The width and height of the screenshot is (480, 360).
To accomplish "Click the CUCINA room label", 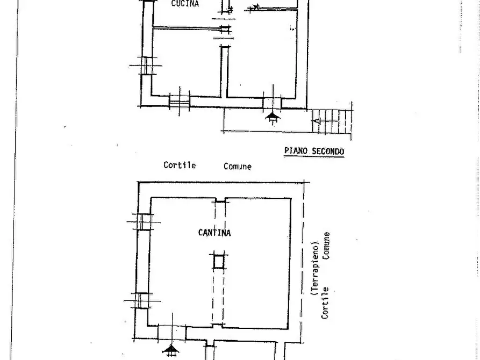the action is (185, 4).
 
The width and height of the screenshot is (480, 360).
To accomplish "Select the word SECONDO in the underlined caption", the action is (328, 151).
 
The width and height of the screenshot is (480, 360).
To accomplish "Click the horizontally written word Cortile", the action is (180, 165).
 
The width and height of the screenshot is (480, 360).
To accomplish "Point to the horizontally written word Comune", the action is (238, 167).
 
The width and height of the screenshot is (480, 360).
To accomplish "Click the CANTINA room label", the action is (214, 233).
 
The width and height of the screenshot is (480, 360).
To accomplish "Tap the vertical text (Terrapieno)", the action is (315, 269).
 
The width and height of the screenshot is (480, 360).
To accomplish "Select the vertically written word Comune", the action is (326, 246).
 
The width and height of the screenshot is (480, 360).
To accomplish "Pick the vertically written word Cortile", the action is (325, 303).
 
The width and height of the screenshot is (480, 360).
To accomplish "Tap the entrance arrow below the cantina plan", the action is (171, 350).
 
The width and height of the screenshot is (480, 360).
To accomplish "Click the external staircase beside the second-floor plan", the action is (332, 121).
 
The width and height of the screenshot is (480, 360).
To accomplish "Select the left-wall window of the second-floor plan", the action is (146, 66).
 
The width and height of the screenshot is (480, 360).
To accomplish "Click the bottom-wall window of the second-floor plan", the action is (180, 102).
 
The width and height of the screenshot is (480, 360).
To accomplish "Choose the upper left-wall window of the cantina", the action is (144, 222).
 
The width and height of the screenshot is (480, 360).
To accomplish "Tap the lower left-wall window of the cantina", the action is (141, 300).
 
